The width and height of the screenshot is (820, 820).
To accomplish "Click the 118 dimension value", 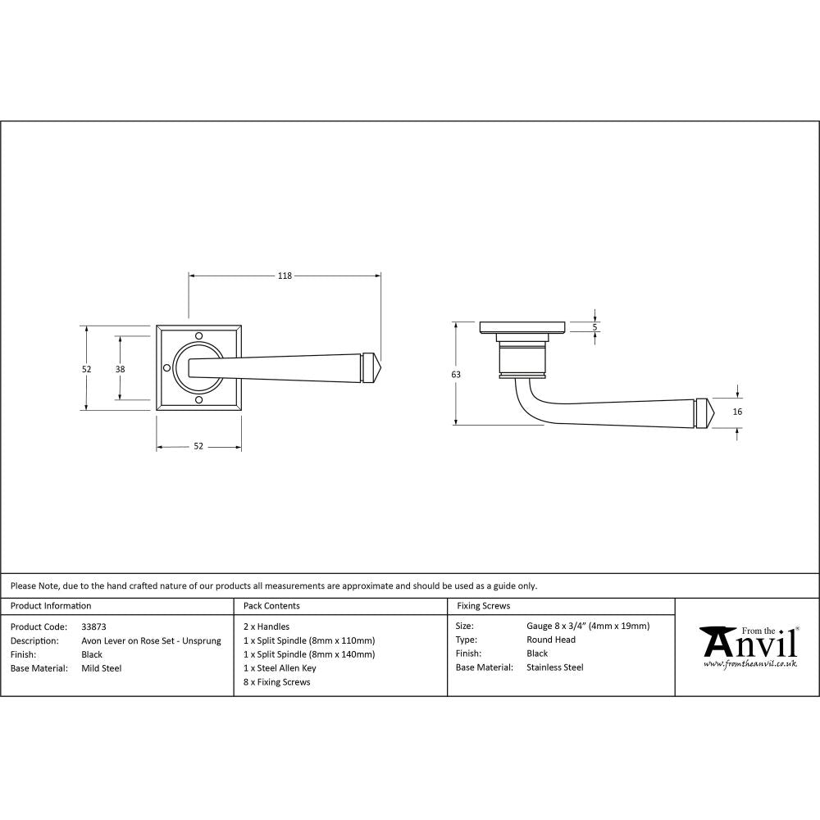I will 285,276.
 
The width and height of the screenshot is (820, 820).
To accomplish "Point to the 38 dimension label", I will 120,369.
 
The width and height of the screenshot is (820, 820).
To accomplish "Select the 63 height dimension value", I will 456,374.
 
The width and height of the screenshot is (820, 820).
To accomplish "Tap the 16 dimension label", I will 737,412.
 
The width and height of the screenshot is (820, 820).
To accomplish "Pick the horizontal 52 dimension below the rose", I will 198,446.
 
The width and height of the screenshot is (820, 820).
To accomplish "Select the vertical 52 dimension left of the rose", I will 86,369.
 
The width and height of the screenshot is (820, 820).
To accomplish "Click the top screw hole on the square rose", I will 198,335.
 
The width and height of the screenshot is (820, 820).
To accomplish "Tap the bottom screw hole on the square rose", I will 198,399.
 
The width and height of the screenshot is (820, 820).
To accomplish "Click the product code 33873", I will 93,626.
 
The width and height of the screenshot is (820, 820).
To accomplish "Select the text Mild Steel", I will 102,668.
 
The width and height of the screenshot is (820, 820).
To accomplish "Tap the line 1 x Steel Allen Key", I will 280,668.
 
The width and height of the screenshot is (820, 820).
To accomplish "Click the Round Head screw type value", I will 550,640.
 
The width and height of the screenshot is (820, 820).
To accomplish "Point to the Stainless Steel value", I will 554,667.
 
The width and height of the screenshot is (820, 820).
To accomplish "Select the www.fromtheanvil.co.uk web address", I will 749,663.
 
